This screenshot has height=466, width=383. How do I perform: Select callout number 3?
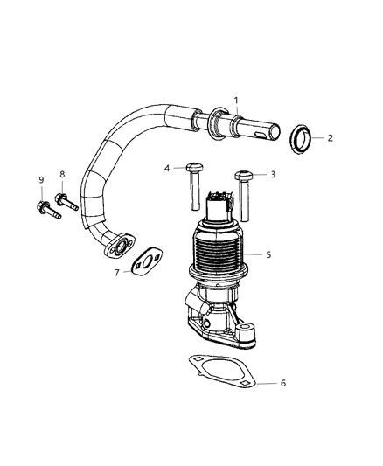(272, 175)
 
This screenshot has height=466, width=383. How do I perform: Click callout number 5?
(268, 254)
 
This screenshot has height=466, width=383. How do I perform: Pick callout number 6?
(282, 383)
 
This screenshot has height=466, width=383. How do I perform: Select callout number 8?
(62, 174)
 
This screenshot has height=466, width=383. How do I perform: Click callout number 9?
(40, 180)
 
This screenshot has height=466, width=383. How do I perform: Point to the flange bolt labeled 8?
(66, 202)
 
